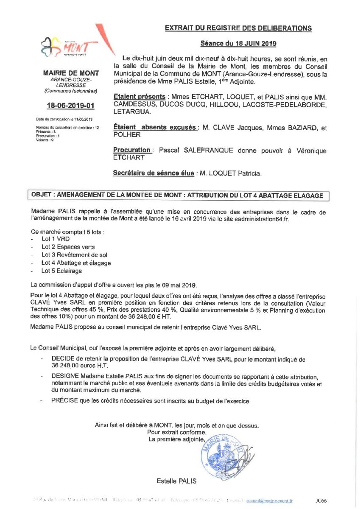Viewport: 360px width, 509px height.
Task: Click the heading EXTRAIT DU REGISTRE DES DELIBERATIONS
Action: coord(238,28)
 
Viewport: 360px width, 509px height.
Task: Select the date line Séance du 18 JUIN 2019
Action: coord(238,43)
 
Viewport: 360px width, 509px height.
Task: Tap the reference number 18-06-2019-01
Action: coord(71,106)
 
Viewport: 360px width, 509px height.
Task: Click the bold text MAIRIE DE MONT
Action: coord(71,73)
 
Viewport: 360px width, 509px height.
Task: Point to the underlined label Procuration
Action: coord(132,150)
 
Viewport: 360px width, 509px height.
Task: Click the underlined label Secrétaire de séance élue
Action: coord(153,173)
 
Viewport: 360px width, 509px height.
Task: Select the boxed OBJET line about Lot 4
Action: coord(178,196)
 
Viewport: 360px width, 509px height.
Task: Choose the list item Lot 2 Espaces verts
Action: coord(68,247)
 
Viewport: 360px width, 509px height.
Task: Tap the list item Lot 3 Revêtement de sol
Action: coord(74,255)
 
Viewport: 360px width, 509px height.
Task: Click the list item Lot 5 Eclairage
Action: coord(61,271)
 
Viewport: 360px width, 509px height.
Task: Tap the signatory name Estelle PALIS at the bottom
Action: coord(176,481)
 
